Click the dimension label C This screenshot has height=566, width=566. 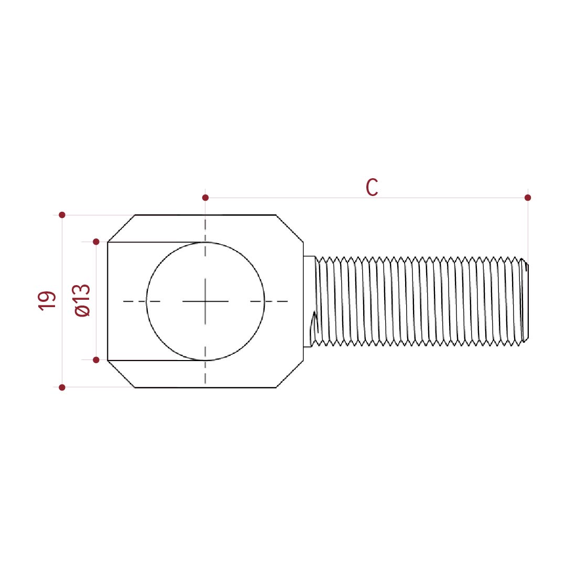coord(372,187)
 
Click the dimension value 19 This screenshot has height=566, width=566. coord(47,301)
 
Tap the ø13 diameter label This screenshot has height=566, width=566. coord(82,300)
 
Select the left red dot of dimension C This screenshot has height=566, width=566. coord(205,198)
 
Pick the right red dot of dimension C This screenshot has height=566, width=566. coord(528,198)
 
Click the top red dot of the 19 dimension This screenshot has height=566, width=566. coord(62,215)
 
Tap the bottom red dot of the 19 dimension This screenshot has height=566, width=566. coord(62,387)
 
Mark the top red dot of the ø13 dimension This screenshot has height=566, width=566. coord(96,242)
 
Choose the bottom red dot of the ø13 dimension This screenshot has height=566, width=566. coord(96,360)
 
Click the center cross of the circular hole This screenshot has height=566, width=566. coord(205,301)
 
